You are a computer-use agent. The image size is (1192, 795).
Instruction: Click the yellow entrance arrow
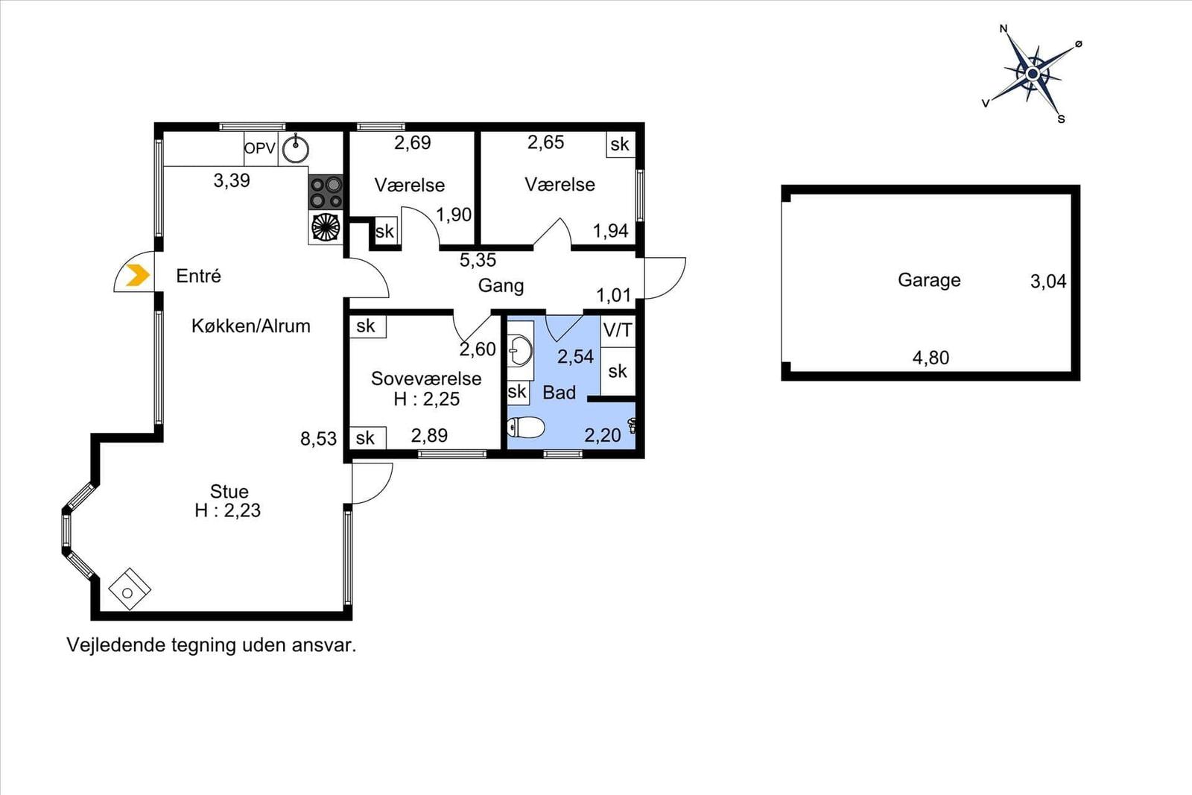pyautogui.click(x=138, y=275)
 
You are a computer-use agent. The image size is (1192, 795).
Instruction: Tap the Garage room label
pyautogui.click(x=929, y=280)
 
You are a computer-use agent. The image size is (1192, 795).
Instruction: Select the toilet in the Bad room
pyautogui.click(x=526, y=427)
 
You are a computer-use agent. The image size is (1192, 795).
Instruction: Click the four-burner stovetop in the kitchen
pyautogui.click(x=326, y=192)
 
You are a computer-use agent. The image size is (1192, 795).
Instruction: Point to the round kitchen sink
pyautogui.click(x=295, y=148)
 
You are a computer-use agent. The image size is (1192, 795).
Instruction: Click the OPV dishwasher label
pyautogui.click(x=260, y=148)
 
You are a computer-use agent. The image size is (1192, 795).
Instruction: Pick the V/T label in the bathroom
pyautogui.click(x=618, y=330)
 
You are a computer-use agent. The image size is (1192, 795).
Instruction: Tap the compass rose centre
pyautogui.click(x=1033, y=74)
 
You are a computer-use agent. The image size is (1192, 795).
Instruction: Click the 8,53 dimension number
pyautogui.click(x=318, y=438)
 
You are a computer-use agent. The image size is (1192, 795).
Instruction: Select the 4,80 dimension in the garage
pyautogui.click(x=931, y=358)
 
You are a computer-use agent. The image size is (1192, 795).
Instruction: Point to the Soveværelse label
pyautogui.click(x=426, y=379)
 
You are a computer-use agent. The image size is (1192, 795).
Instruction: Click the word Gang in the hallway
pyautogui.click(x=501, y=286)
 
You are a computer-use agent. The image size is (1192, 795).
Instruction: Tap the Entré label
pyautogui.click(x=198, y=276)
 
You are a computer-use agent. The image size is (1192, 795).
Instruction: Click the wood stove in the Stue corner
pyautogui.click(x=130, y=589)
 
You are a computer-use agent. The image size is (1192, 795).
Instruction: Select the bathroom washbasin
pyautogui.click(x=520, y=351)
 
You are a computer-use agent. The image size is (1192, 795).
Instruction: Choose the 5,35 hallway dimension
pyautogui.click(x=478, y=260)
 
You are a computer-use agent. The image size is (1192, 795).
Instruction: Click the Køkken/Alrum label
pyautogui.click(x=251, y=326)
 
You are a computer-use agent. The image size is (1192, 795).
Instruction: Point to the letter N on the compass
pyautogui.click(x=1004, y=29)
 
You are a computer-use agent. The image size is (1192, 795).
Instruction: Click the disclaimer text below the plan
pyautogui.click(x=212, y=645)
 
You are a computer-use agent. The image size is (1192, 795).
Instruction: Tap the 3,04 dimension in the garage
pyautogui.click(x=1048, y=281)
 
